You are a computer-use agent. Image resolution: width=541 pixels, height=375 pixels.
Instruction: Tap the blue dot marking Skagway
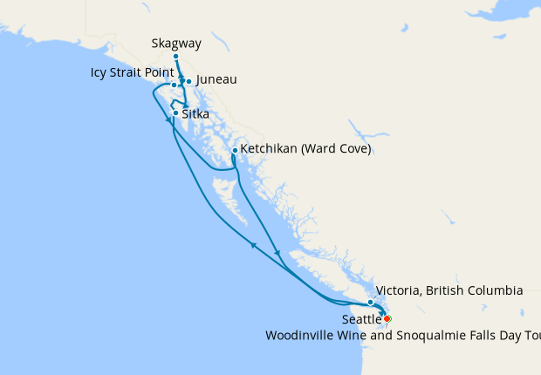(x=175, y=57)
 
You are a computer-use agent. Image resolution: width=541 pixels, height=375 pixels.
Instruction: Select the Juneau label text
(x=216, y=80)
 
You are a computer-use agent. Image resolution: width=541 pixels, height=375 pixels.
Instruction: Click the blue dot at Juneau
(x=188, y=82)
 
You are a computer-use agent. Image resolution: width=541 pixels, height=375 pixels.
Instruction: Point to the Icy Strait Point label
(x=131, y=72)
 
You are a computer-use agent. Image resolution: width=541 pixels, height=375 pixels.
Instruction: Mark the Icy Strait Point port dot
(x=174, y=85)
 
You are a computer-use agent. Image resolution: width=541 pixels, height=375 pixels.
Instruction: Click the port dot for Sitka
(x=176, y=113)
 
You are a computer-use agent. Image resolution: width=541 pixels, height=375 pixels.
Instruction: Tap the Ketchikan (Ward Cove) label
(x=305, y=150)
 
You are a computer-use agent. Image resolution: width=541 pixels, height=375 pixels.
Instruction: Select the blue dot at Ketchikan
(x=235, y=151)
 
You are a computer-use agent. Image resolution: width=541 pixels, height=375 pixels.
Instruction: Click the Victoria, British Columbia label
(x=449, y=290)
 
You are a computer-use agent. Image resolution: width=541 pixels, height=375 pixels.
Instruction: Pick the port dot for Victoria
(x=371, y=303)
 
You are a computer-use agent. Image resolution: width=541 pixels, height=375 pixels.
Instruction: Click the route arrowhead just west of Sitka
(x=168, y=120)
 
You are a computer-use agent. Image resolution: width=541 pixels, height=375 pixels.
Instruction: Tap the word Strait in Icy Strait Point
(x=131, y=72)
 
